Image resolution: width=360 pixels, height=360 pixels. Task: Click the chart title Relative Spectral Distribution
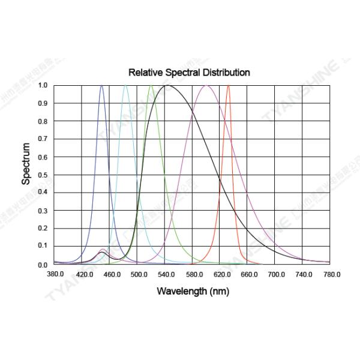[x=189, y=73]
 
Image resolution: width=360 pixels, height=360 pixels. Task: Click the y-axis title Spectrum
[x=26, y=163]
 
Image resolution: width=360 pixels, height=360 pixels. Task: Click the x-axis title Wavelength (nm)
[x=193, y=292]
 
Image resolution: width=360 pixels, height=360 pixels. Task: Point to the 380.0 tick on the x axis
[x=55, y=274]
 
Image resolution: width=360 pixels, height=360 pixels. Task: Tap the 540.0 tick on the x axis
[x=166, y=274]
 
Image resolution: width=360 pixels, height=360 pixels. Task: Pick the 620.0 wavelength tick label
[x=221, y=274]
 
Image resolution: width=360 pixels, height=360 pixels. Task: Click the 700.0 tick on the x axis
[x=277, y=274]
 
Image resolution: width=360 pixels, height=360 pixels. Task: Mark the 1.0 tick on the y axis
[x=43, y=85]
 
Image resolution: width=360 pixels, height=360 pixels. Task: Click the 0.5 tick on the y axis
[x=43, y=175]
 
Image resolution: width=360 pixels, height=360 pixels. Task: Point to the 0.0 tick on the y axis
[x=43, y=265]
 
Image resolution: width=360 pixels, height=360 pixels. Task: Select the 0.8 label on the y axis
[x=43, y=121]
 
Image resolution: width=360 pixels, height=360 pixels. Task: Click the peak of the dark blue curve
[x=101, y=85]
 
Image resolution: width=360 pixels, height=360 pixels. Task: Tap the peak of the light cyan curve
[x=125, y=85]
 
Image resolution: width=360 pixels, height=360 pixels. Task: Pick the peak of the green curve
[x=151, y=85]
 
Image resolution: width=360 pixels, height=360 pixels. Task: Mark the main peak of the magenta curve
[x=206, y=85]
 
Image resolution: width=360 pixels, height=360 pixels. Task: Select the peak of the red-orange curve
[x=228, y=85]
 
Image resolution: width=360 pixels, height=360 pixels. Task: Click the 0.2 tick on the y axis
[x=43, y=229]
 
